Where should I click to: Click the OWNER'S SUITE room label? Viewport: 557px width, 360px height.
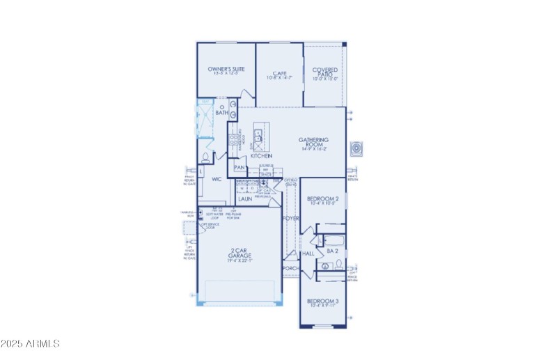click(226, 70)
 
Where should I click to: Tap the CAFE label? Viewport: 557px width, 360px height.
click(280, 73)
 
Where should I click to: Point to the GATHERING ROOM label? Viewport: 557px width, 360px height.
click(318, 140)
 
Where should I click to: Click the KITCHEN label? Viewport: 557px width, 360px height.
click(260, 157)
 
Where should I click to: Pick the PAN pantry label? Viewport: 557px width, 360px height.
click(240, 168)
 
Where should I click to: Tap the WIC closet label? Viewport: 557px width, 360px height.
click(217, 179)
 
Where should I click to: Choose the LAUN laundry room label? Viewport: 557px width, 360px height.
click(244, 198)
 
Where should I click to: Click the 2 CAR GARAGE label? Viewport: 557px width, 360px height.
click(240, 253)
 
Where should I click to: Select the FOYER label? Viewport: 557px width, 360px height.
click(290, 219)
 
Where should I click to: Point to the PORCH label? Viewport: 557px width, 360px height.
click(290, 267)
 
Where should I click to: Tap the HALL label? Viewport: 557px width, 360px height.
click(308, 254)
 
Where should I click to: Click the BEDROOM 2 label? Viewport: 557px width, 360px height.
click(322, 199)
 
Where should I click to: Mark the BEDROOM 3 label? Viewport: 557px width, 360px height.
click(322, 302)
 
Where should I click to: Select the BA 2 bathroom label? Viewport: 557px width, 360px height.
click(332, 251)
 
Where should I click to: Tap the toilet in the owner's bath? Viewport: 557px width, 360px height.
click(205, 157)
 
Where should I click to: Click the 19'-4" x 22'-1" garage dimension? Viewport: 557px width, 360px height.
click(240, 260)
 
